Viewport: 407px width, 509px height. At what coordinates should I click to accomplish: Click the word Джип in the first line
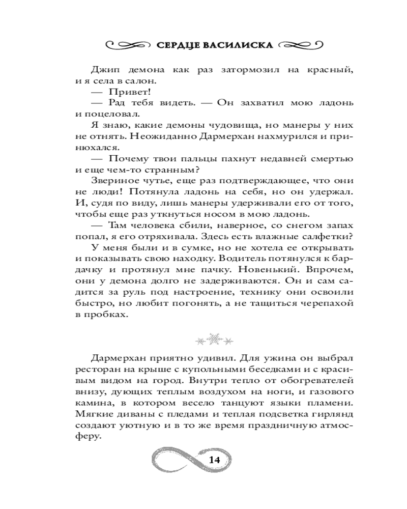(x=105, y=69)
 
